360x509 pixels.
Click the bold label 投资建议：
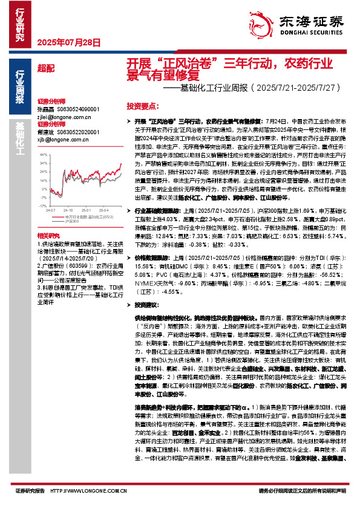pos(149,305)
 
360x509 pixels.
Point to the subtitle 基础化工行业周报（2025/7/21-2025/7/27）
pos(247,88)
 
